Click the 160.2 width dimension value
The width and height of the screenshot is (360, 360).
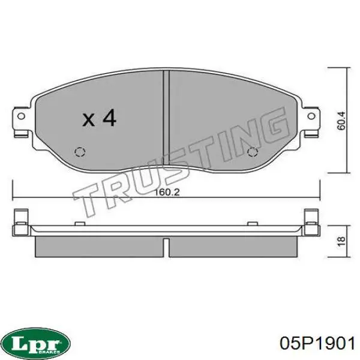pyautogui.click(x=167, y=192)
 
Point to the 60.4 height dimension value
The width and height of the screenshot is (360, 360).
pyautogui.click(x=341, y=121)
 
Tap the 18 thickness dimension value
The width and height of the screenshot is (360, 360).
pyautogui.click(x=341, y=241)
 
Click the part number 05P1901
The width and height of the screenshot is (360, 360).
pyautogui.click(x=317, y=343)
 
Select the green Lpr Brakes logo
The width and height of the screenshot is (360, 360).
pyautogui.click(x=37, y=344)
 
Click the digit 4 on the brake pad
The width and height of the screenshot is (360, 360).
pyautogui.click(x=109, y=118)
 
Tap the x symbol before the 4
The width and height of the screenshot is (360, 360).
pyautogui.click(x=89, y=120)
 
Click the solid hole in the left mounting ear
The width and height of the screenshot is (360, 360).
pyautogui.click(x=22, y=116)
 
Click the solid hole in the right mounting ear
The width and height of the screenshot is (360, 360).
pyautogui.click(x=311, y=116)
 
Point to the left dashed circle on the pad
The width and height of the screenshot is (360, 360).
pyautogui.click(x=80, y=152)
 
